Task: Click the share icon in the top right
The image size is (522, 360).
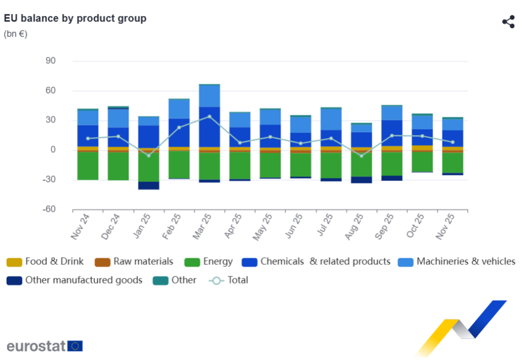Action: click(508, 22)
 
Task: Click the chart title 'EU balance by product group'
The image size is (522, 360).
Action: click(75, 18)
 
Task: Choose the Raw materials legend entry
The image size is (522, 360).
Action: click(135, 262)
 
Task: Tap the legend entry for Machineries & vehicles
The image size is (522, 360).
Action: click(457, 262)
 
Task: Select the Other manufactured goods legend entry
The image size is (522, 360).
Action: click(75, 280)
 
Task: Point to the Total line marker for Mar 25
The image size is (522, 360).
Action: click(210, 116)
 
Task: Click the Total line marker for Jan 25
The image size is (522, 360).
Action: click(148, 156)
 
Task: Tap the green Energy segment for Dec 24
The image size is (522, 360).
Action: click(118, 166)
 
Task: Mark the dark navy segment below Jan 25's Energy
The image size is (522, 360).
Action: click(148, 186)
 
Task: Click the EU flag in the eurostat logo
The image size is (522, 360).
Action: click(75, 346)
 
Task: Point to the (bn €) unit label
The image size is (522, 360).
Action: click(16, 34)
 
